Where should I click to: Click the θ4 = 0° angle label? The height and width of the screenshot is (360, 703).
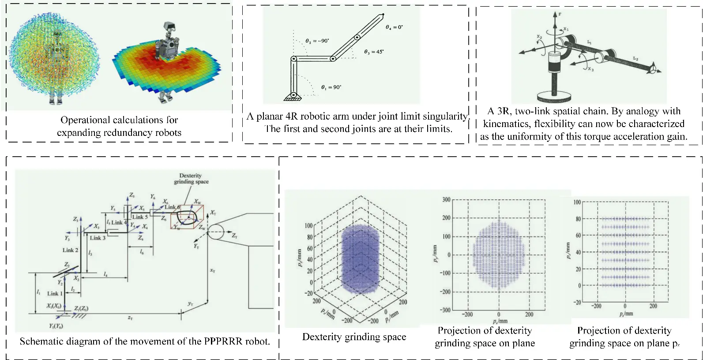394,27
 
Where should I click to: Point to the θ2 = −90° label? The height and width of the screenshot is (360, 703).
317,41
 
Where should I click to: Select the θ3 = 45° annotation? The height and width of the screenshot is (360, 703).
374,52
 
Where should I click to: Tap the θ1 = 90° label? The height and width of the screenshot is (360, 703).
331,87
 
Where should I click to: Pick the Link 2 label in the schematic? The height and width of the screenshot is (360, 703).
70,250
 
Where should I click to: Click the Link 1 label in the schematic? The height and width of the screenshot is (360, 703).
55,293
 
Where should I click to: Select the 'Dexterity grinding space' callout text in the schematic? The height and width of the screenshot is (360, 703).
191,179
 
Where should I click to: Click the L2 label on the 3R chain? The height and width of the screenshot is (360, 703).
635,58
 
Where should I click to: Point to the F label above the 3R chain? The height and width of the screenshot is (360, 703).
560,15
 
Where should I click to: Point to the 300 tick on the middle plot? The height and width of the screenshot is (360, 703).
446,200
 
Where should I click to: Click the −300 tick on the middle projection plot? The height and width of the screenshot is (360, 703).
445,310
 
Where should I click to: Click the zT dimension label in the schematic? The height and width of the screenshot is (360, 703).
130,318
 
